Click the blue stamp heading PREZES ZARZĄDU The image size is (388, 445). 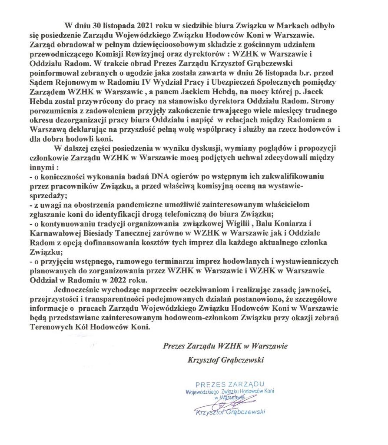tap(230, 385)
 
